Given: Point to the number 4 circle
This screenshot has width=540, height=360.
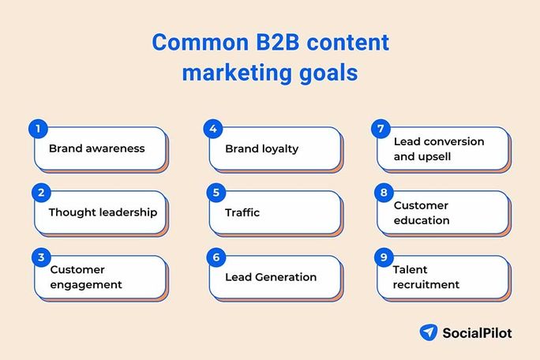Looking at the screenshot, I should click(211, 129).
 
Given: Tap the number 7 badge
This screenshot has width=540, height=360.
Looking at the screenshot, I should click(382, 129).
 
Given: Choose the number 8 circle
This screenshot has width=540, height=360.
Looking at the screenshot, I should click(382, 193).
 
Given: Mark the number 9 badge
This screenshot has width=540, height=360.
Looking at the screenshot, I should click(382, 257).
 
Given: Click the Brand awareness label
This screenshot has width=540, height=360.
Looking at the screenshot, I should click(96, 148).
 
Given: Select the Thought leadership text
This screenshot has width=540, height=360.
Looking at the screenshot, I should click(103, 212).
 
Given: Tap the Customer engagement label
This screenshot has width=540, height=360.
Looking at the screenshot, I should click(86, 277).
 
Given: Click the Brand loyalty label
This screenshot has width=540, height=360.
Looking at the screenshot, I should click(261, 148).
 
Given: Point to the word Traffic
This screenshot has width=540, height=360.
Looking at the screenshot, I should click(242, 212).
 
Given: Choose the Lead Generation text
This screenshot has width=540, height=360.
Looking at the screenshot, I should click(271, 277).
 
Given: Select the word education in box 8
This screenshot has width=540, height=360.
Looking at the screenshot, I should click(422, 220).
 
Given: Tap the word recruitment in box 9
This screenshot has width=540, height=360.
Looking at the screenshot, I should click(426, 284).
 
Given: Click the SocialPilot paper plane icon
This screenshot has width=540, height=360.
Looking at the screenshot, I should click(429, 332).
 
